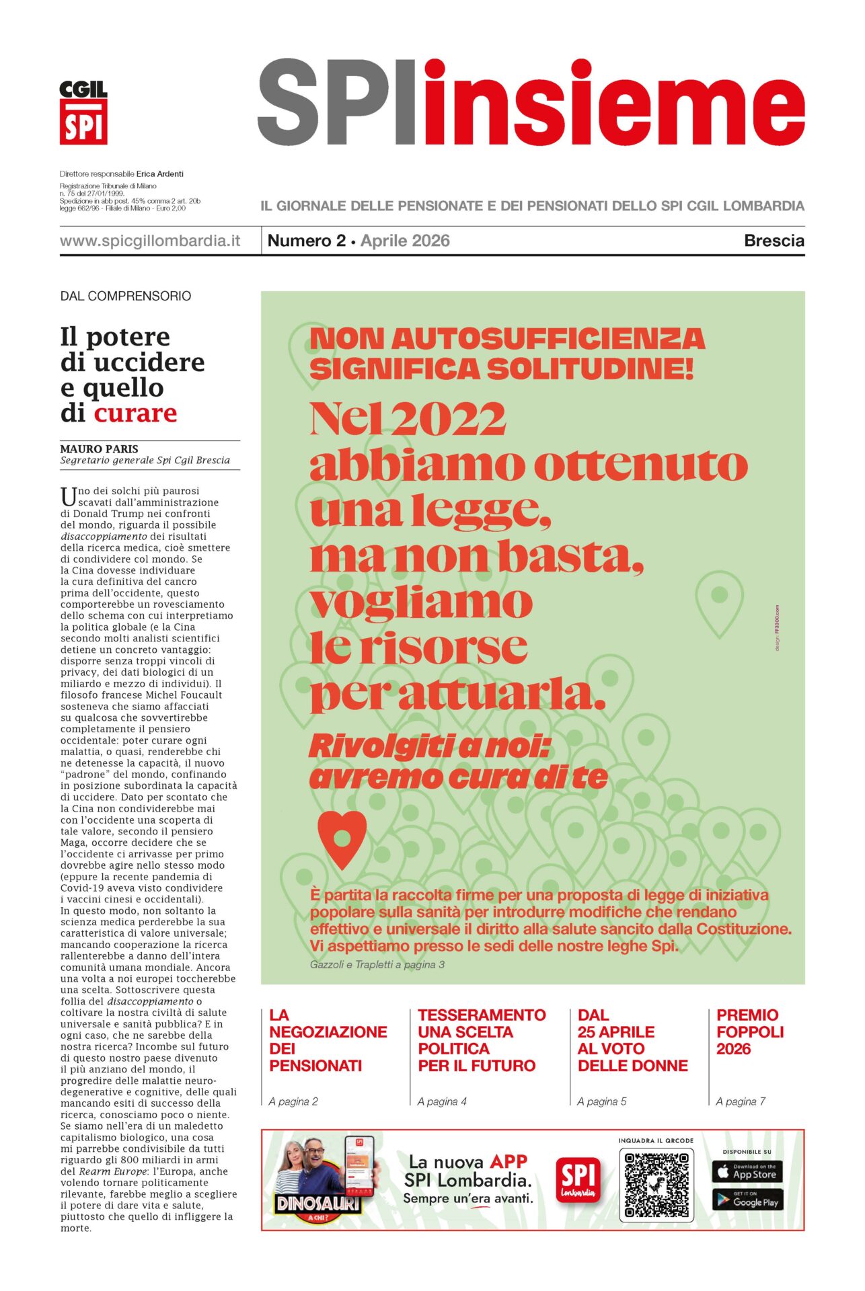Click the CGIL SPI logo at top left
(x=83, y=112)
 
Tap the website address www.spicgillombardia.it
(x=150, y=241)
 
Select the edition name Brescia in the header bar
(x=774, y=241)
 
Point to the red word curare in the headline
(x=135, y=413)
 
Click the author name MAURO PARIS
(x=100, y=448)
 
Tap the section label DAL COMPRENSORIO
(x=126, y=296)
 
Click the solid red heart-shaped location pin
(x=342, y=839)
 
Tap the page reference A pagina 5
(x=601, y=1101)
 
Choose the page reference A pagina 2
(x=293, y=1101)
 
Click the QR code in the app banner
(x=656, y=1185)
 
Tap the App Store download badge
(x=747, y=1172)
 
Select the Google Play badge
(x=747, y=1200)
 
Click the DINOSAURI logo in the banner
(x=318, y=1204)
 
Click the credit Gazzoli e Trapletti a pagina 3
(x=377, y=964)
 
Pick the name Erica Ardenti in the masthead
(x=160, y=173)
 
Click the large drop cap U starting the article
(x=68, y=497)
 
